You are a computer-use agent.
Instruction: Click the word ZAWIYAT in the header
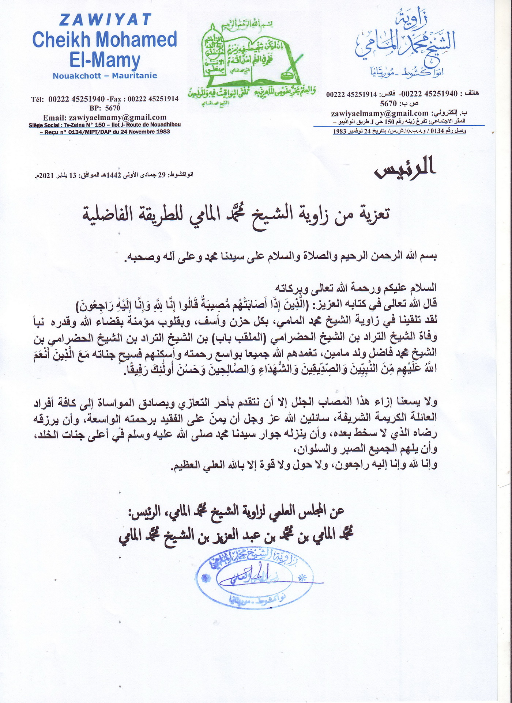pyautogui.click(x=105, y=20)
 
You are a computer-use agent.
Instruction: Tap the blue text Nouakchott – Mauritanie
pyautogui.click(x=105, y=76)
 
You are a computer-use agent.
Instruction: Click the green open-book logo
pyautogui.click(x=252, y=60)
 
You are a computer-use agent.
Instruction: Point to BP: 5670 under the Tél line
pyautogui.click(x=105, y=108)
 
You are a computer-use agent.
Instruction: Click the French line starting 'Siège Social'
pyautogui.click(x=105, y=125)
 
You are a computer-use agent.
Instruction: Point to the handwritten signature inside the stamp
pyautogui.click(x=252, y=577)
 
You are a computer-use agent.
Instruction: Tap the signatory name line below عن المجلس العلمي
pyautogui.click(x=236, y=535)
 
